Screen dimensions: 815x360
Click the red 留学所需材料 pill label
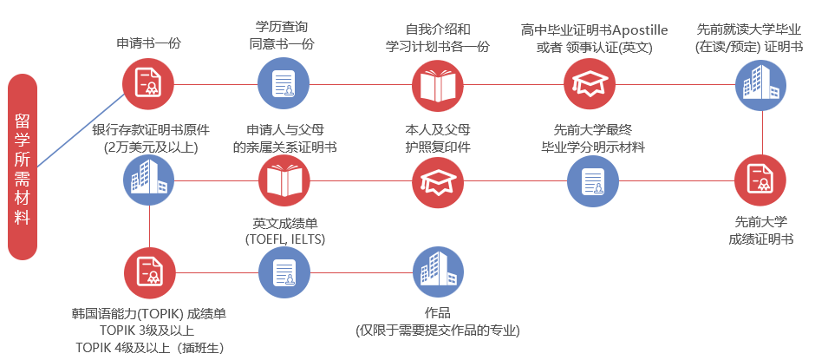pos(23,167)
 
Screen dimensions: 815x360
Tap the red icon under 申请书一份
pos(148,83)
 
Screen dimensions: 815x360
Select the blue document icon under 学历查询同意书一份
pos(284,83)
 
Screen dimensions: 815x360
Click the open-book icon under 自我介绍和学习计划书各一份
pos(438,84)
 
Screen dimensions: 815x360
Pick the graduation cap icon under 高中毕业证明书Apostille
pos(590,84)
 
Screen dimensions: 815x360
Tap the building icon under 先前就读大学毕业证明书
pos(760,84)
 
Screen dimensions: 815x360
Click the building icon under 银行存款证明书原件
pos(149,180)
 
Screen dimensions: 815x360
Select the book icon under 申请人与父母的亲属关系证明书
pos(284,180)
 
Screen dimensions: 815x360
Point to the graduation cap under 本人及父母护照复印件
pos(438,180)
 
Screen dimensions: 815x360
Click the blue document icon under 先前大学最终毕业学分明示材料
pos(592,180)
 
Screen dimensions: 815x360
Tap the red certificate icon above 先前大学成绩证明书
pos(760,180)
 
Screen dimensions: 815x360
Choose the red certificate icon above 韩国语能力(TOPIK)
pos(150,272)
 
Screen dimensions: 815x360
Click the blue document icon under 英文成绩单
pos(284,272)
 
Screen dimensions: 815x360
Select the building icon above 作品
pos(438,272)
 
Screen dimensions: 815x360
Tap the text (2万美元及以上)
pos(151,147)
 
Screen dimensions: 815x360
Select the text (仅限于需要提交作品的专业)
pos(438,331)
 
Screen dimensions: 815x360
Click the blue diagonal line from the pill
pos(81,130)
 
